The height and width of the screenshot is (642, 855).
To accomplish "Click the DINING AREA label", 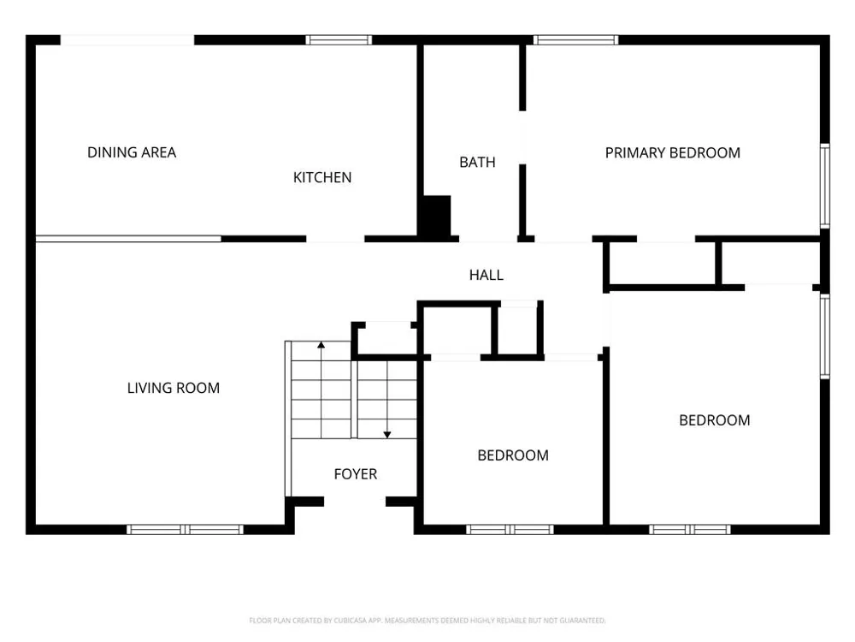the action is point(132,152).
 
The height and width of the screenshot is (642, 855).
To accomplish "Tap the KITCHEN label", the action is point(322,177).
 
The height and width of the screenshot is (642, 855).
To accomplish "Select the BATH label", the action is point(477,162).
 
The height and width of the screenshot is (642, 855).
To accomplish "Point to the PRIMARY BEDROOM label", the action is point(672,153).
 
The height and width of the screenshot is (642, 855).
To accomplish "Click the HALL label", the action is point(486,275).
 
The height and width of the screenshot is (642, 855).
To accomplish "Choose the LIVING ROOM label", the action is point(174,388).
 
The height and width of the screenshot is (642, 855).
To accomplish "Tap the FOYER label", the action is point(356,474).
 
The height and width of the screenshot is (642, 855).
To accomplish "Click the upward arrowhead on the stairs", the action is point(321,345).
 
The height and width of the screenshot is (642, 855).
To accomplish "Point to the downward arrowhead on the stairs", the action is point(387,435).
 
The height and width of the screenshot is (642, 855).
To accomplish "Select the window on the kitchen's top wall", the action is point(339,40).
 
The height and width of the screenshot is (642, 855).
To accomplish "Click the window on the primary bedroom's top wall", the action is point(575,40).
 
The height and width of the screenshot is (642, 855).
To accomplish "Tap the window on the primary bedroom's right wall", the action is point(825,186).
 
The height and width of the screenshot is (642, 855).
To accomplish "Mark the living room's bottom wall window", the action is point(185,529).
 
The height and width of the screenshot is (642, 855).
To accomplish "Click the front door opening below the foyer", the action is point(355,502).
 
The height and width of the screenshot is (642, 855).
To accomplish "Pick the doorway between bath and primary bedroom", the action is point(522,138).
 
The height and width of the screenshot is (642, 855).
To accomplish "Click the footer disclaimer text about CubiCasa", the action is point(427,621).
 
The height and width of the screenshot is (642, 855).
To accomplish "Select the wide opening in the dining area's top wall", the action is point(127,40).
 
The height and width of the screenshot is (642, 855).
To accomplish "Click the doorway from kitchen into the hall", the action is point(335,239).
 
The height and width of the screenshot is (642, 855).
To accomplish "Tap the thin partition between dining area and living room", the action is point(129,239).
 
